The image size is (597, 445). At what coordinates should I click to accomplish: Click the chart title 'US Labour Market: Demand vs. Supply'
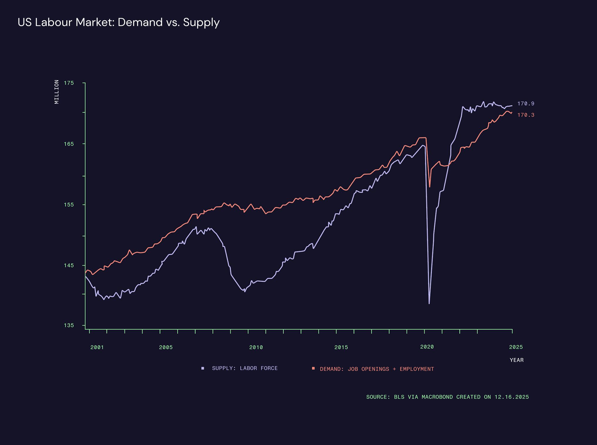119,23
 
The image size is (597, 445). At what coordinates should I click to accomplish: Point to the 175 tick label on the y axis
69,83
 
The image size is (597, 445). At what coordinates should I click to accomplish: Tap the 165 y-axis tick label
69,144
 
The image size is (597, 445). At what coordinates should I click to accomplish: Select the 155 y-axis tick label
69,205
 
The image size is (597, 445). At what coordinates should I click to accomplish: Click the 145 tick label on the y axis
69,266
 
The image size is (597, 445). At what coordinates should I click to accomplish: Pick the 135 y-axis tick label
69,325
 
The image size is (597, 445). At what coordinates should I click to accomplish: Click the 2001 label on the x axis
97,347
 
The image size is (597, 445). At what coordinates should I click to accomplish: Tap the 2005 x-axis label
166,347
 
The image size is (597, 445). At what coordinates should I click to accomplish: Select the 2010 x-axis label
256,347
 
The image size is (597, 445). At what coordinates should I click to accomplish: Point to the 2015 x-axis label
341,347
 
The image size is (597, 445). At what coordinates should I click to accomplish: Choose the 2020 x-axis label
427,347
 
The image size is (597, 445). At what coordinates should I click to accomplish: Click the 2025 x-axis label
516,347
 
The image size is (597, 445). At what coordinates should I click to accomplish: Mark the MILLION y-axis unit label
57,92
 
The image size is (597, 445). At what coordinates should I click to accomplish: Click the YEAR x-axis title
517,360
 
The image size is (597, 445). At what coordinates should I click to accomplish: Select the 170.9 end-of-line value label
526,104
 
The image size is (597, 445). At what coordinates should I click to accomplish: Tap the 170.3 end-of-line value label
526,115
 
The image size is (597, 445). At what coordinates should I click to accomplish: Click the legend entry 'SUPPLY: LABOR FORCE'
244,368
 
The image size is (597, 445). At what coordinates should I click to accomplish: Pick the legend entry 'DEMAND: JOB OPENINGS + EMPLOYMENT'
377,369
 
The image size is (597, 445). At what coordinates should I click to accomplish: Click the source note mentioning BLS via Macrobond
447,397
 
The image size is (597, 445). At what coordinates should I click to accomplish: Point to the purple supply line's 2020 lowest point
429,303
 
